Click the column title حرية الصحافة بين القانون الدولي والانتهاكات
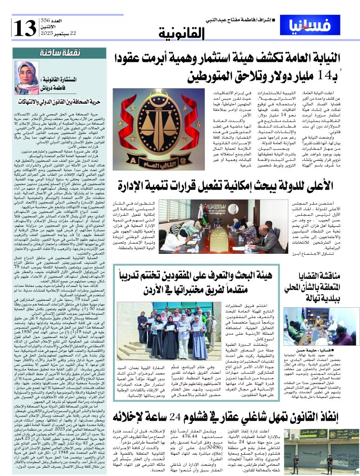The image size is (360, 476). [x=61, y=100]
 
